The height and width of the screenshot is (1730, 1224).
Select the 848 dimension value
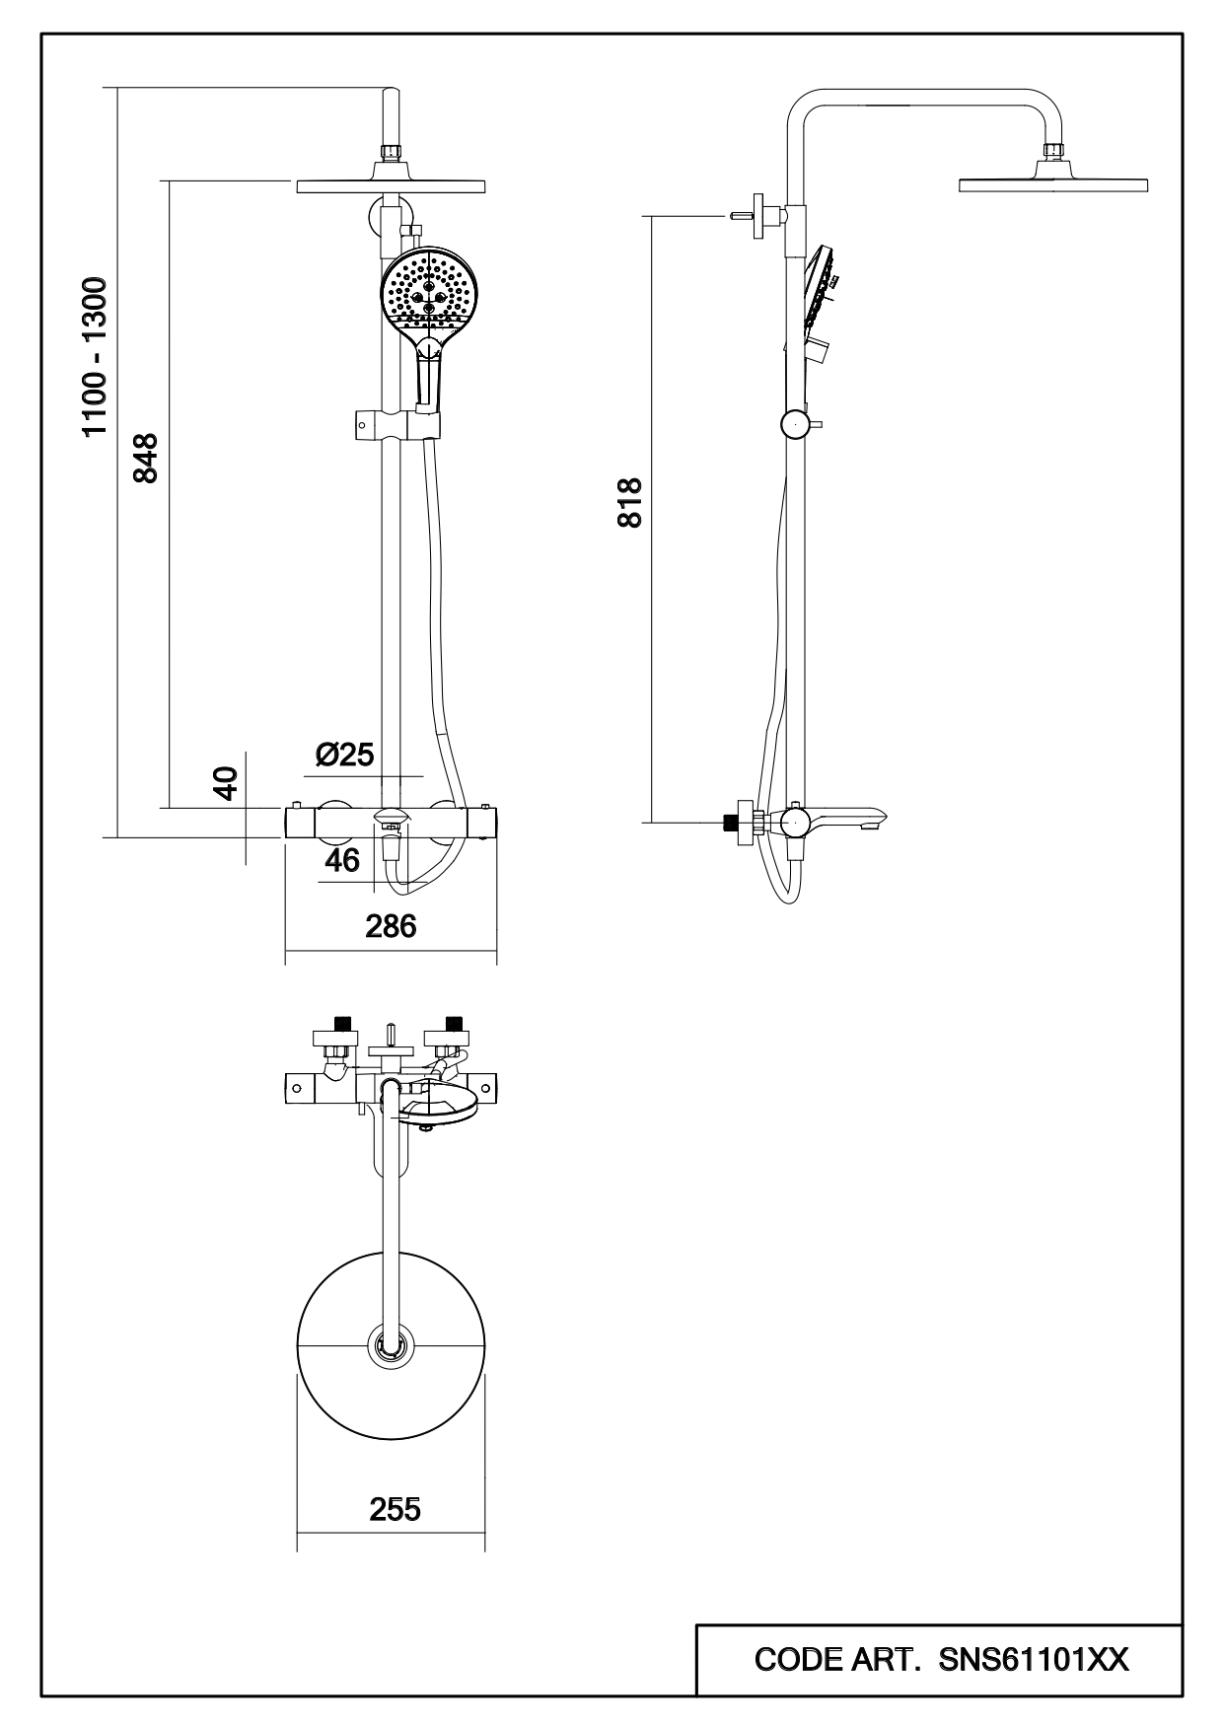click(x=146, y=457)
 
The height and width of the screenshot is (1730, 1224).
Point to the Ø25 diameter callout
click(x=345, y=755)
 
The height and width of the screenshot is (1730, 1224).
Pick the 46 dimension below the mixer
click(x=342, y=860)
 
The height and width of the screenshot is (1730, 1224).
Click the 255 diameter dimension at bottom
click(x=395, y=1509)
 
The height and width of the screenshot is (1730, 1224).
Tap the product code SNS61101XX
click(x=1034, y=1660)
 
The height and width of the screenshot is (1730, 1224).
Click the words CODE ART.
click(x=837, y=1660)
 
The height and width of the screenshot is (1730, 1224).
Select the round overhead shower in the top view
click(x=391, y=1347)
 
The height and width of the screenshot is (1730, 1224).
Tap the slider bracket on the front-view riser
click(x=395, y=426)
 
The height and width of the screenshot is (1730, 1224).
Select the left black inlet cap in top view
click(x=343, y=1023)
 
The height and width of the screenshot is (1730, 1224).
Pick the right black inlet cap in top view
click(x=454, y=1023)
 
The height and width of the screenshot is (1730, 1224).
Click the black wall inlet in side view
click(x=731, y=822)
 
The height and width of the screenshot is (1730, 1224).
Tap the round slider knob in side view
click(x=794, y=425)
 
